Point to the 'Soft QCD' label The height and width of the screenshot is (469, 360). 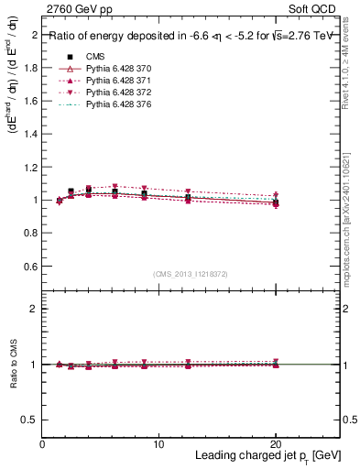click(x=315, y=9)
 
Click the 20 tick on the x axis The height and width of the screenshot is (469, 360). click(x=276, y=443)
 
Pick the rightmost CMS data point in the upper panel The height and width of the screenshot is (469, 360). click(x=276, y=202)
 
